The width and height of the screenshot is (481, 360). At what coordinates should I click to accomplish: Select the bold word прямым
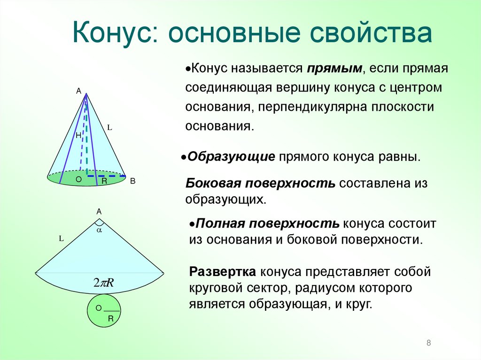[x=335, y=69]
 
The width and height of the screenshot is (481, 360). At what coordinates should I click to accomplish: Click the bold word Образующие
[x=231, y=156]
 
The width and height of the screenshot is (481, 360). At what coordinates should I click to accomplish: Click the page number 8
[x=428, y=343]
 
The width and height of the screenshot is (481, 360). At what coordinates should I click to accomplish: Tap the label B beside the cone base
[x=132, y=181]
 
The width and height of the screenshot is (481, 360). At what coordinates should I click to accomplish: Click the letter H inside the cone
[x=78, y=135]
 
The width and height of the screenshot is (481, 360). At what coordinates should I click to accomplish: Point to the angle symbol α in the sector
[x=99, y=230]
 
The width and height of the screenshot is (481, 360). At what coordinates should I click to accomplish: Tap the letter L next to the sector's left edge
[x=61, y=238]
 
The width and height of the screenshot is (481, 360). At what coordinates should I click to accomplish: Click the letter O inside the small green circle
[x=99, y=308]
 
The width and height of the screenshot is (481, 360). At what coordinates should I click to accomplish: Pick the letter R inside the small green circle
[x=111, y=318]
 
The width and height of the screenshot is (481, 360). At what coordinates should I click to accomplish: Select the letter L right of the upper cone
[x=109, y=127]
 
